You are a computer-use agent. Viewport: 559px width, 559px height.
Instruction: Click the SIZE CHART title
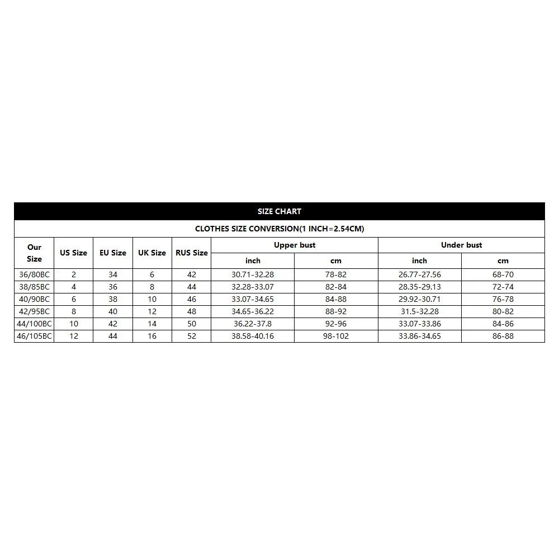tap(279, 211)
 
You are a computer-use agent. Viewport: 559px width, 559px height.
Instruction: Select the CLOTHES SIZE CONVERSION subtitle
tap(279, 229)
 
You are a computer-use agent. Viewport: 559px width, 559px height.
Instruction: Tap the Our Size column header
tap(34, 253)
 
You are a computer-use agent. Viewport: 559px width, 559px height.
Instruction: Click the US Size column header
tap(73, 253)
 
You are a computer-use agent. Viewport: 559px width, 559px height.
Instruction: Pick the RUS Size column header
tap(192, 253)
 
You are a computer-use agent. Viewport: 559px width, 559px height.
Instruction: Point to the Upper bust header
tap(295, 245)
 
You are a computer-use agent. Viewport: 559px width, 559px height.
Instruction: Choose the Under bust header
tap(461, 245)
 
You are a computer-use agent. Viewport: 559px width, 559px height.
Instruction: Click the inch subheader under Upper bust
tap(253, 260)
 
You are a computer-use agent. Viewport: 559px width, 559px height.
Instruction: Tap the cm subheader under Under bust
tap(503, 260)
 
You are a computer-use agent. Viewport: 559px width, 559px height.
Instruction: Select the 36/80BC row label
tap(34, 274)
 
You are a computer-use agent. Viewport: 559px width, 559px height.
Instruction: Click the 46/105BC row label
tap(34, 336)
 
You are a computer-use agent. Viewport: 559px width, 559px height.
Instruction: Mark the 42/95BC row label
tap(34, 311)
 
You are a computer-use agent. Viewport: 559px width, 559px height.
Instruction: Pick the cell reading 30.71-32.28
tap(253, 274)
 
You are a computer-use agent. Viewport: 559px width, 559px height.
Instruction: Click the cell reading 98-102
tap(335, 336)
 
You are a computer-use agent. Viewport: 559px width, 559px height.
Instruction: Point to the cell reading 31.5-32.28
tap(420, 311)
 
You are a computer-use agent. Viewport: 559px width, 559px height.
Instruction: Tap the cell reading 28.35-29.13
tap(420, 287)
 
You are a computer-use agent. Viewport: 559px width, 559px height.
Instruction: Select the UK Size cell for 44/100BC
tap(152, 324)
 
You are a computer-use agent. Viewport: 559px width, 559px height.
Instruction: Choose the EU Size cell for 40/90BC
tap(113, 299)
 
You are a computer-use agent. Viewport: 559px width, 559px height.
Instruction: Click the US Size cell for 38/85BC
tap(73, 287)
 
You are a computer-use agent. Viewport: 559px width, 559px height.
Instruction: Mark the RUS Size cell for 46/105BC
tap(192, 336)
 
